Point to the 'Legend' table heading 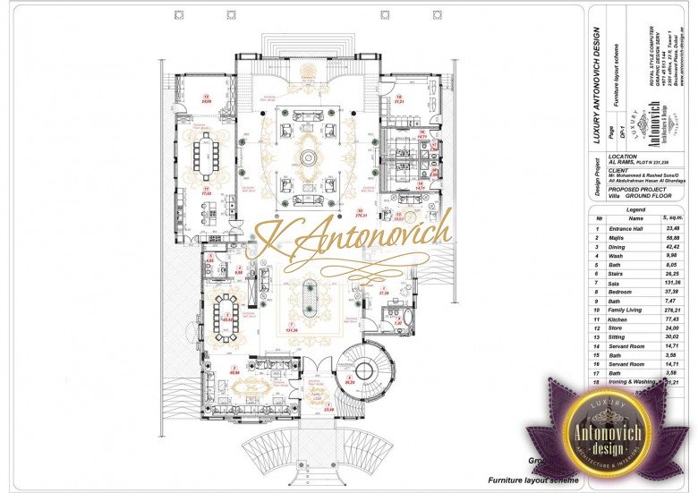pos(636,208)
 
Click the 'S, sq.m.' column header pos(670,218)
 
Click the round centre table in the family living pos(308,158)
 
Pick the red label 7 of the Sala pos(291,323)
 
